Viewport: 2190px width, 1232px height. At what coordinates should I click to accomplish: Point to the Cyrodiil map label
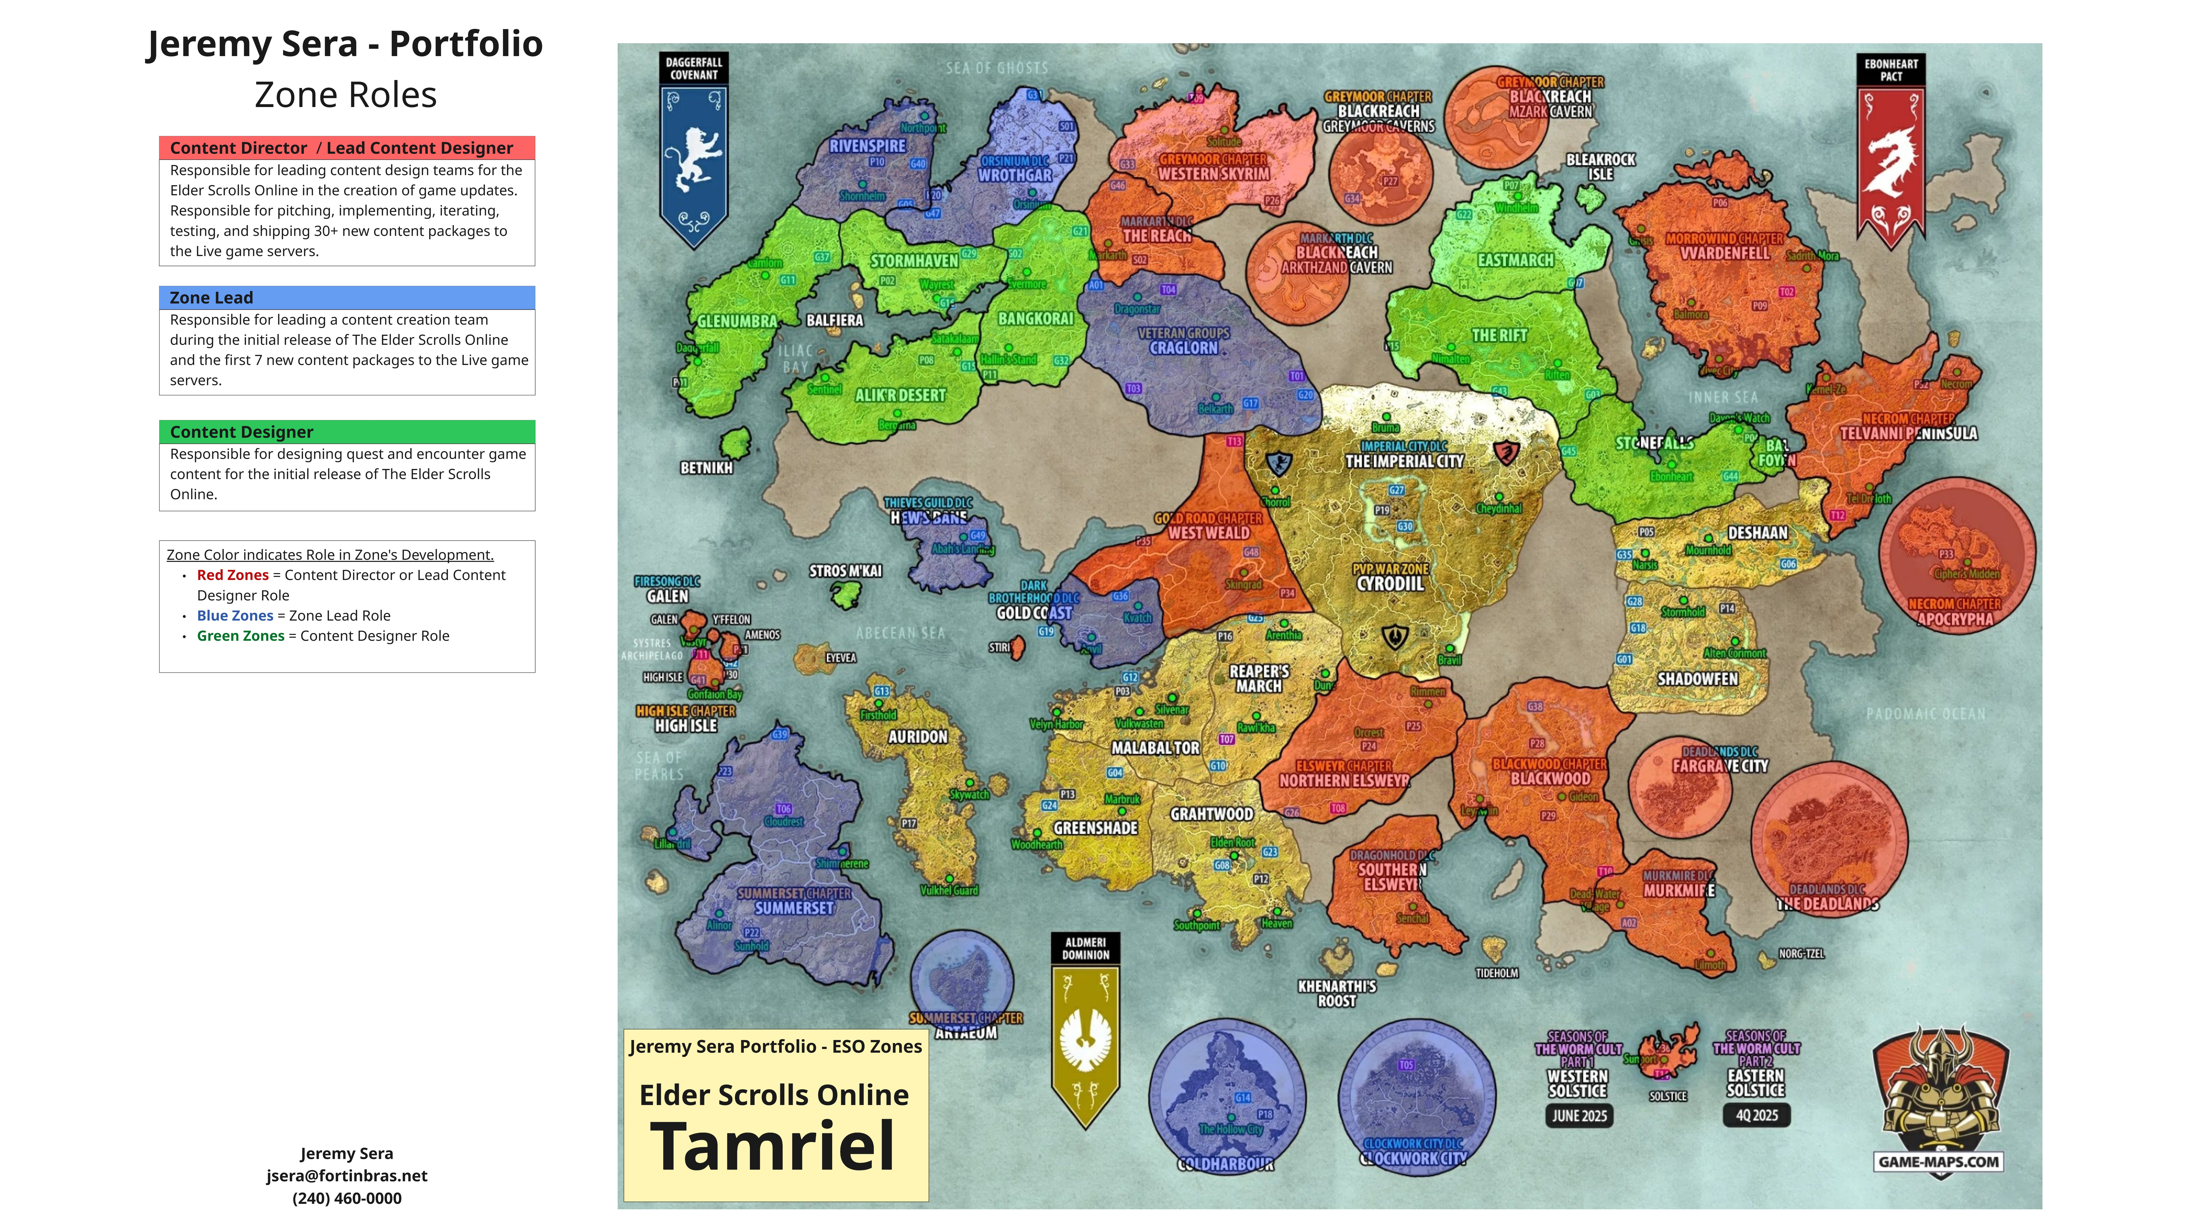pos(1390,583)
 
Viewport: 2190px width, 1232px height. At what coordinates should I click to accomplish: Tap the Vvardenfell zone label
pos(1724,253)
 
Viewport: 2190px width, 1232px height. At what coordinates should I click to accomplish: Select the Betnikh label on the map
pos(706,468)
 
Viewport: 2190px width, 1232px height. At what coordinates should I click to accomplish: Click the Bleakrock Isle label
pos(1601,167)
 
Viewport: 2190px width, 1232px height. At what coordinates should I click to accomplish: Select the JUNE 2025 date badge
pos(1579,1116)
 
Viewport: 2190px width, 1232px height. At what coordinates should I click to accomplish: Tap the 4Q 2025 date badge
pos(1756,1115)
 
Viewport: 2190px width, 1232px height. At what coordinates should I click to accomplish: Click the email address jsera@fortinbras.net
pos(347,1176)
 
